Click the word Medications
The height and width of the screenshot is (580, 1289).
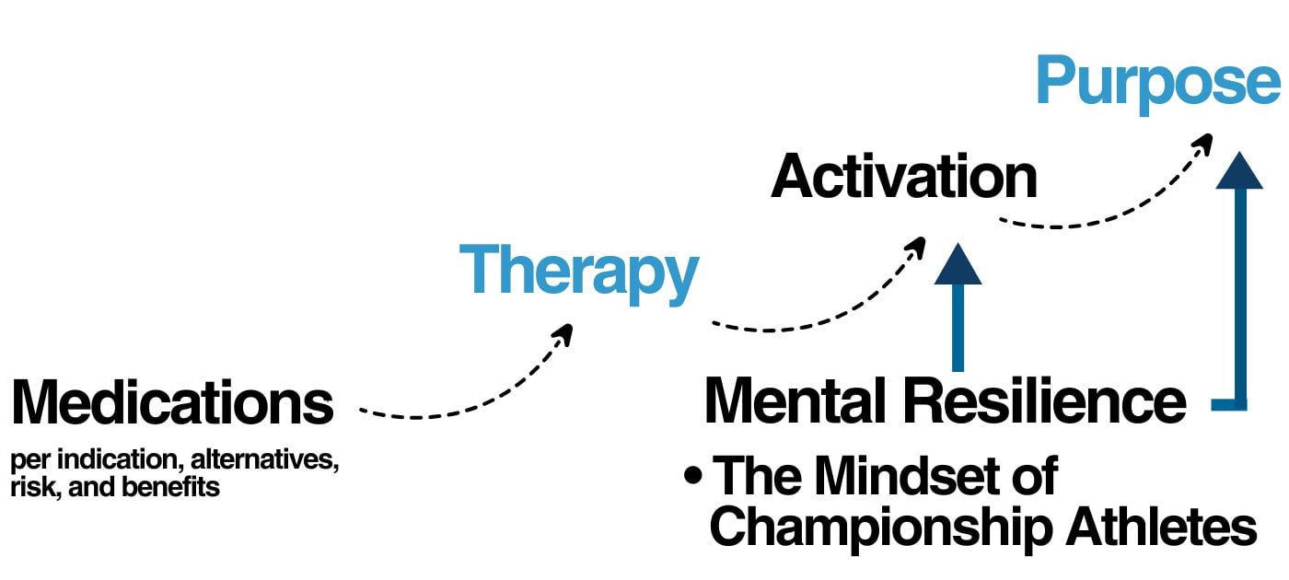click(x=172, y=403)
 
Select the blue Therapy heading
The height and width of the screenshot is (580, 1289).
click(x=579, y=270)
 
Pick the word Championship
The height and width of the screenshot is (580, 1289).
click(x=880, y=528)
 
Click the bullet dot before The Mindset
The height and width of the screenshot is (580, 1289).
click(x=693, y=478)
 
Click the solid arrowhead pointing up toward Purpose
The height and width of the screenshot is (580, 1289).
click(x=1238, y=170)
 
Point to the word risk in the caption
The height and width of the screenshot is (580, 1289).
click(x=29, y=486)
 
